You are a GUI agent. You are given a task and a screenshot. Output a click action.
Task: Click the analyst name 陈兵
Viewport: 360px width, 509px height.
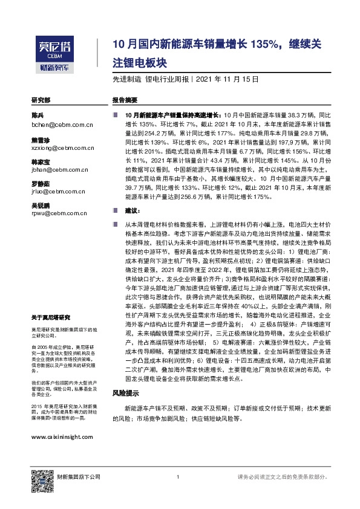(38, 115)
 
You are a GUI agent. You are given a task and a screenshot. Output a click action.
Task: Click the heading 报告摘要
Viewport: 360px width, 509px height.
(125, 100)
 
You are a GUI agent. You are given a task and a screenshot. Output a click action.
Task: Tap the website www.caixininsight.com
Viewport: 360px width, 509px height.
(62, 437)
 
